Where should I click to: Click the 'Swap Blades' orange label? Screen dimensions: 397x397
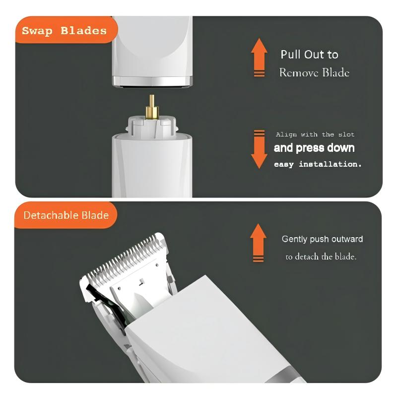[x=66, y=30]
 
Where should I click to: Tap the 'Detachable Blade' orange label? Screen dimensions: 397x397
[x=66, y=215]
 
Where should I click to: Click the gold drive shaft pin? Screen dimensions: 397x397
[x=152, y=107]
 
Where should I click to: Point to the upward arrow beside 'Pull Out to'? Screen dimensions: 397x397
[x=259, y=58]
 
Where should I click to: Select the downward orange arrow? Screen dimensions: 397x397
[x=259, y=149]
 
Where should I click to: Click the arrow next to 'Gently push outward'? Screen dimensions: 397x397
[x=258, y=243]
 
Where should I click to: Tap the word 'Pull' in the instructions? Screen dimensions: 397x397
[x=291, y=55]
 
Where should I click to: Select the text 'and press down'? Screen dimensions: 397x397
[x=314, y=148]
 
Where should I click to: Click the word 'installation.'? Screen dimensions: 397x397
[x=330, y=164]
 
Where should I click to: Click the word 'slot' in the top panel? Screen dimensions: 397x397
[x=346, y=134]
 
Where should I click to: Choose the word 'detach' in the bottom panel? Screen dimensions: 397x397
[x=307, y=257]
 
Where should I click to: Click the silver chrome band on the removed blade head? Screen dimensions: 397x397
[x=152, y=81]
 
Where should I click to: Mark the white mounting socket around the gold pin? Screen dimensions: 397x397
[x=152, y=126]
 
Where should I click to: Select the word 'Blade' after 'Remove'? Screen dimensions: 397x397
[x=336, y=72]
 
